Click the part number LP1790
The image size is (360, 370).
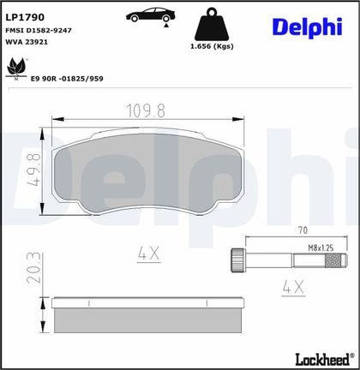pos(25,17)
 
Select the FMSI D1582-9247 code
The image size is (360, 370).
pos(39,30)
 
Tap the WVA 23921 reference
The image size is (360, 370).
pos(27,42)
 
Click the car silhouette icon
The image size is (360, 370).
pos(151,15)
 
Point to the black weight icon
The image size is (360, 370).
pos(212,24)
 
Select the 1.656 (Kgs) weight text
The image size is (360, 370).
pos(212,46)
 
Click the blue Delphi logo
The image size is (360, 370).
pos(307,27)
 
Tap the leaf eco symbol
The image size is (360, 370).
pos(16,69)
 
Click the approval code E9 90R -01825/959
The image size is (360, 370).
pos(67,79)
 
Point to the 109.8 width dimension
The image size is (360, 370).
pos(146,110)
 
